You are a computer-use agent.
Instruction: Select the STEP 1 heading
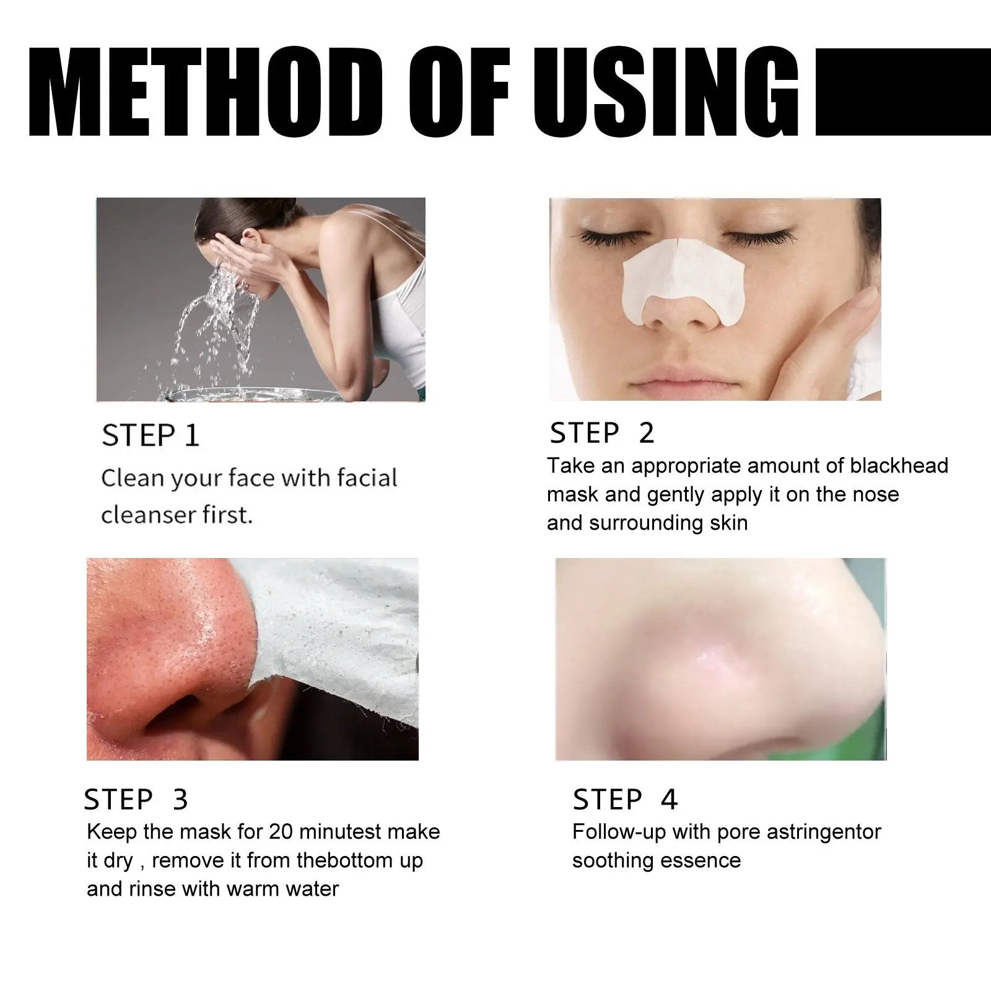151,435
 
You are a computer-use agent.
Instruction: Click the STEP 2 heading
601,433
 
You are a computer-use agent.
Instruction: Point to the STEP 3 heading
136,800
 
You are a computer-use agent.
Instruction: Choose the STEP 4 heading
625,800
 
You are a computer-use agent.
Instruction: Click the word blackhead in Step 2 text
899,466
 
